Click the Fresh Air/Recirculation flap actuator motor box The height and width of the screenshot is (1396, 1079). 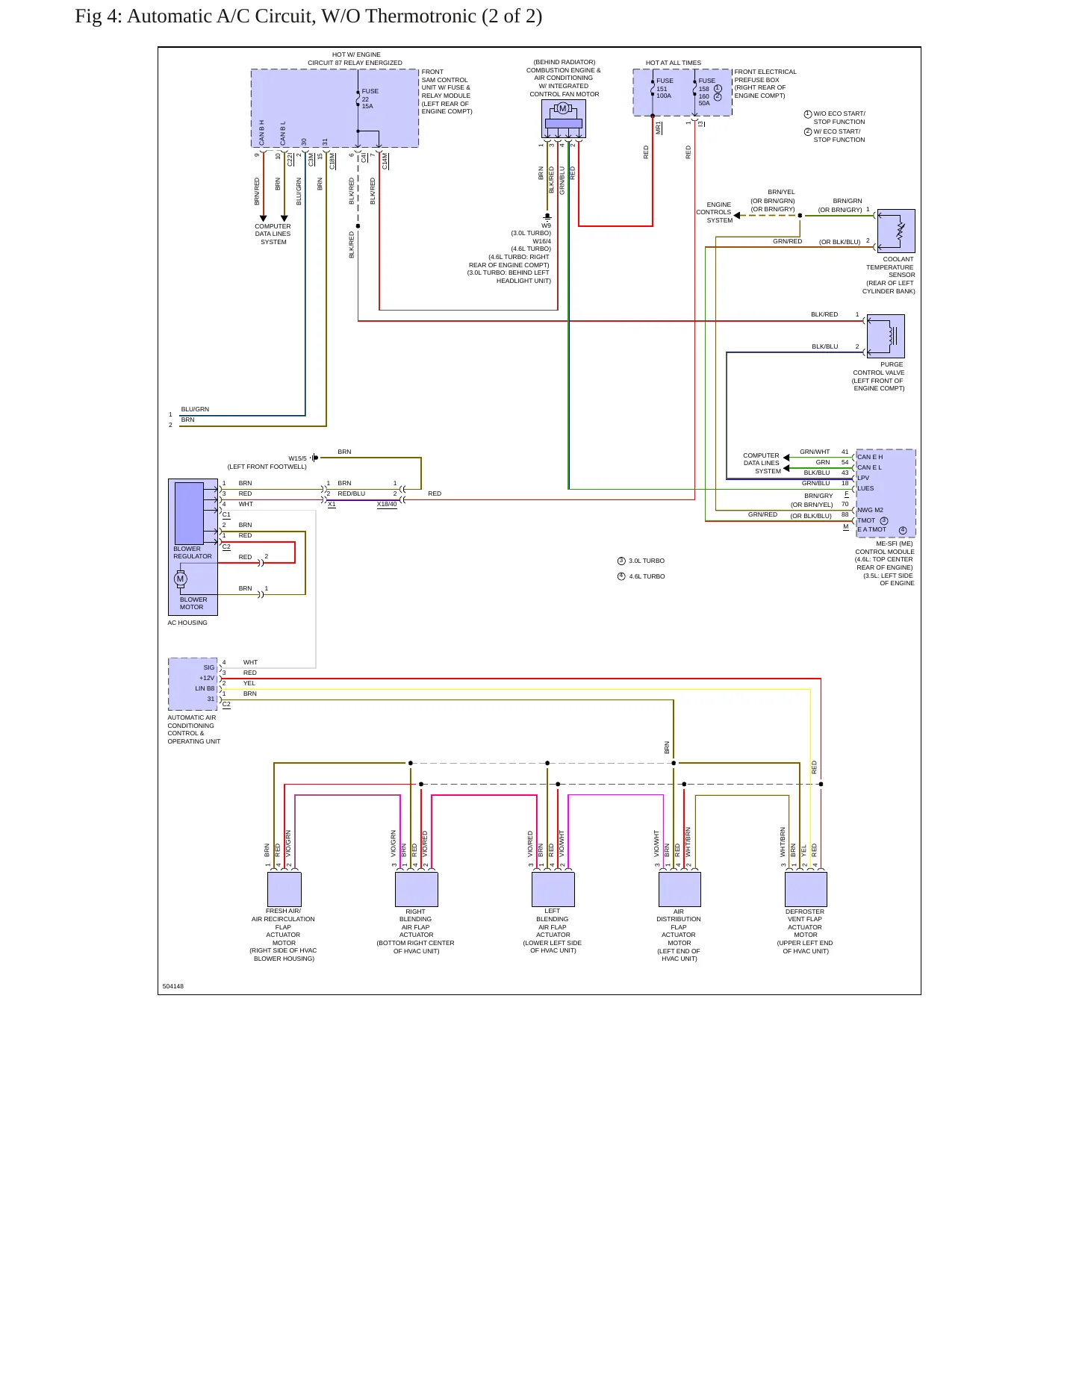click(284, 889)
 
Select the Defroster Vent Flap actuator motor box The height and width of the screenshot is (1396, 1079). click(806, 889)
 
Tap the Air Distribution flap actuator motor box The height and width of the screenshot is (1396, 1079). click(680, 889)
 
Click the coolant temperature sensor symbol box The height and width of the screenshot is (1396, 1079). click(896, 231)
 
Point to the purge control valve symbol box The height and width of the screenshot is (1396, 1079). click(886, 336)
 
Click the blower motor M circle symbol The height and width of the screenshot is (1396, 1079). click(180, 579)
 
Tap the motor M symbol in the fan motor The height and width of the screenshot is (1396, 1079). click(563, 108)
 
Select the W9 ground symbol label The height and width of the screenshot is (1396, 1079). click(547, 225)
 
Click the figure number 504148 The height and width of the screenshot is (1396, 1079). click(173, 986)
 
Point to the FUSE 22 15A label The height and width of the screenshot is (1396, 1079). click(370, 99)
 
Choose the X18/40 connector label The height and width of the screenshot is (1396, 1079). click(387, 504)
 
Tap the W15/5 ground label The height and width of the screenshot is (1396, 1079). click(298, 458)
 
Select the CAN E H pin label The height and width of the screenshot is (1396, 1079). click(870, 457)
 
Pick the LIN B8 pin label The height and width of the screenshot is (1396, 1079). click(205, 688)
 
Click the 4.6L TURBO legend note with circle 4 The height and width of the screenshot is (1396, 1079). click(641, 576)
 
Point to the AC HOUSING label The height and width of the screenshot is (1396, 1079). click(187, 623)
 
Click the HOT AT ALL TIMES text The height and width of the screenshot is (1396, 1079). click(674, 63)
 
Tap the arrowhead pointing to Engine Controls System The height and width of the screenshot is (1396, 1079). click(737, 215)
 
